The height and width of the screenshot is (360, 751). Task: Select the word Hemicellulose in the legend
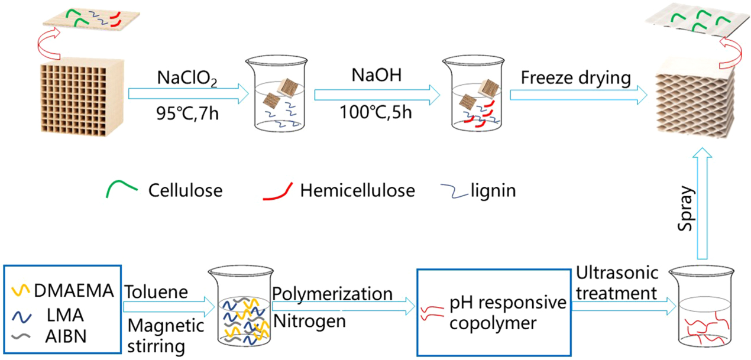pos(357,190)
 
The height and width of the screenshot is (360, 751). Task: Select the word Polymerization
pos(332,293)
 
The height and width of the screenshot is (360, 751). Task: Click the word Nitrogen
pos(309,323)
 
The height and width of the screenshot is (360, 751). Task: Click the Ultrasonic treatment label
pos(617,283)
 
